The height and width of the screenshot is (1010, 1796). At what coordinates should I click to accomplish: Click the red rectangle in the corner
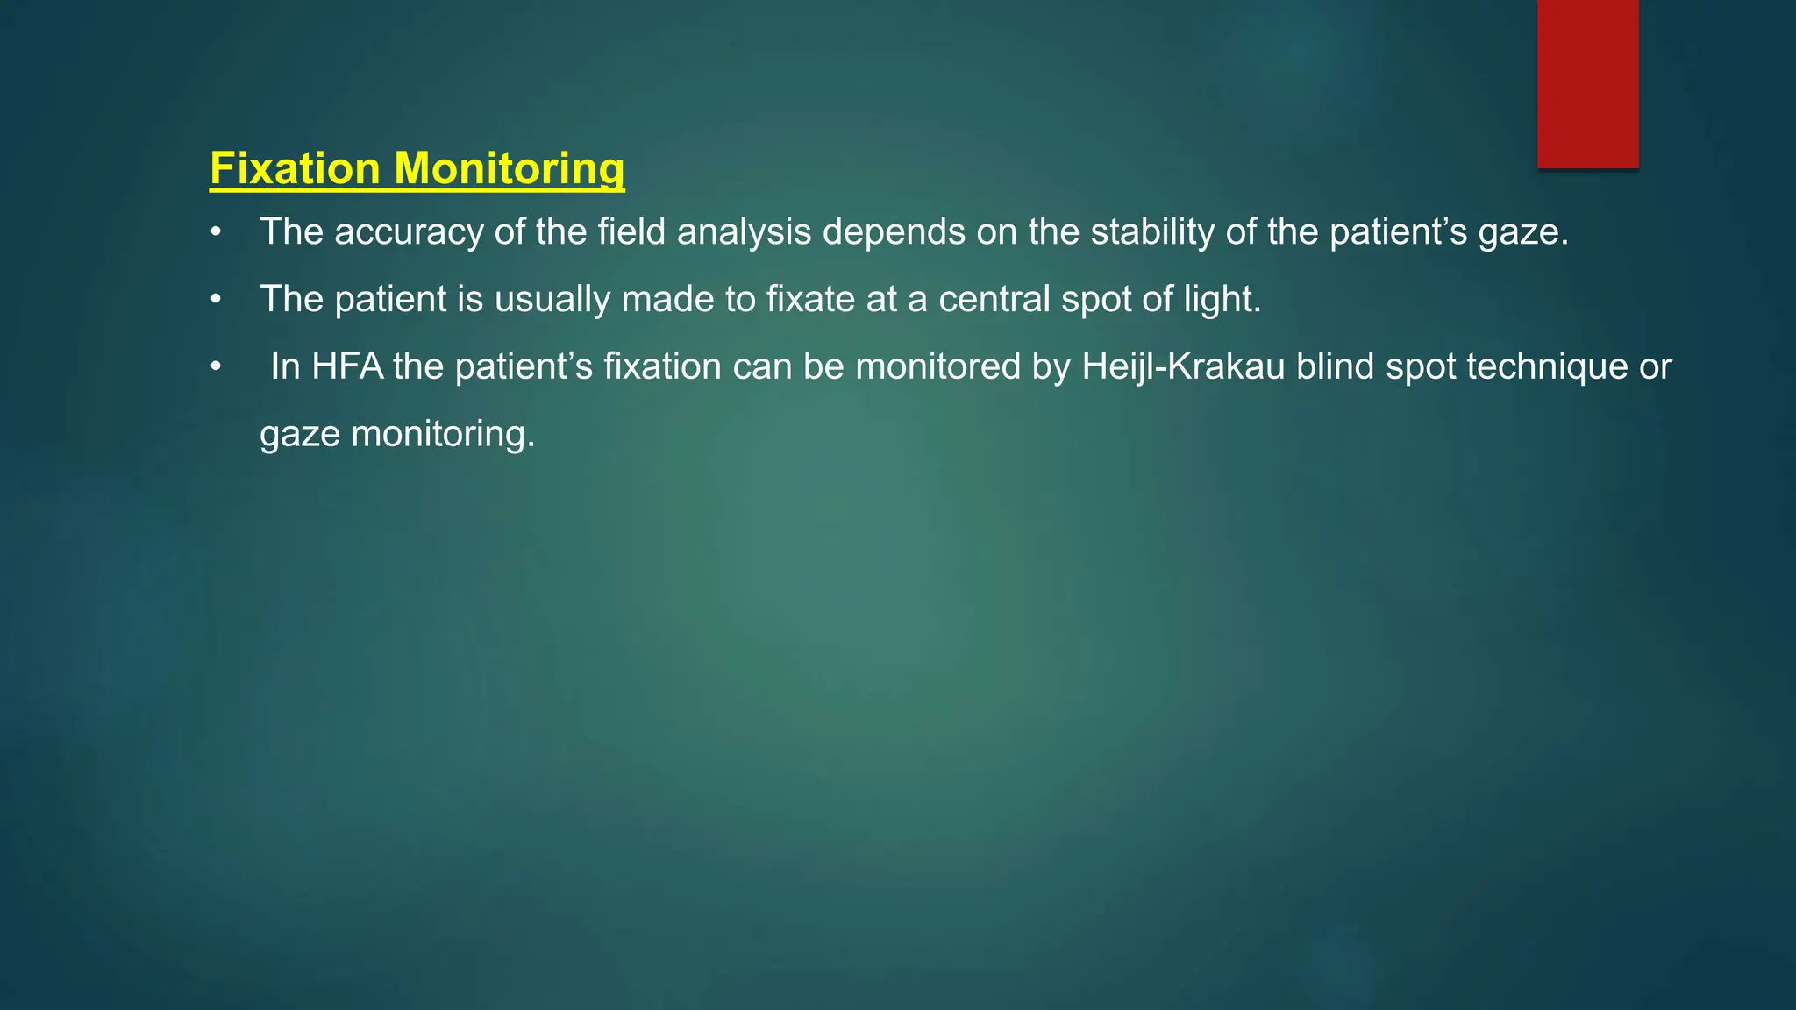pyautogui.click(x=1587, y=84)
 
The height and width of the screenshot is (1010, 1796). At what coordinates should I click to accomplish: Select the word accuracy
pyautogui.click(x=409, y=232)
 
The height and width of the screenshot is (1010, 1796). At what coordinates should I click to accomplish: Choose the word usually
pyautogui.click(x=552, y=300)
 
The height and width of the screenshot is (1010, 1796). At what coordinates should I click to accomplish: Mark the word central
pyautogui.click(x=994, y=300)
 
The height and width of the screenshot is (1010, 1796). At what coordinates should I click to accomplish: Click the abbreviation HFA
pyautogui.click(x=347, y=366)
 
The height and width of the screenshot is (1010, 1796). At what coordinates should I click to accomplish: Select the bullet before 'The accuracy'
pyautogui.click(x=216, y=233)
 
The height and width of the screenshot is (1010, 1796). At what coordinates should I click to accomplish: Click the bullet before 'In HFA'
pyautogui.click(x=216, y=367)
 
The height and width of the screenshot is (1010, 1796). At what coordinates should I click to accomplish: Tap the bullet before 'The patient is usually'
pyautogui.click(x=216, y=301)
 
